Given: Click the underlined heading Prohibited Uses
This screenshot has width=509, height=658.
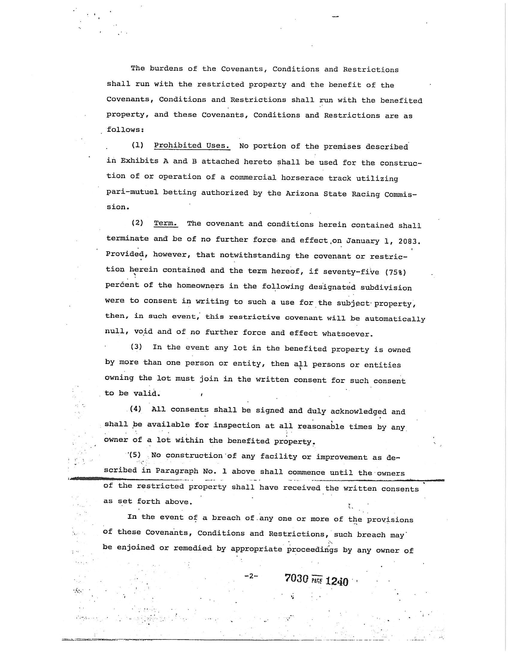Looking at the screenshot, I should coord(192,146).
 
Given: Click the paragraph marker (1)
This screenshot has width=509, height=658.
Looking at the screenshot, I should coord(137,145).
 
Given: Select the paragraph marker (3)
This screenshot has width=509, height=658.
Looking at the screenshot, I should coord(136,346).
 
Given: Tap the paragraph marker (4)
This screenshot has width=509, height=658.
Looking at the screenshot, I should coord(136,409).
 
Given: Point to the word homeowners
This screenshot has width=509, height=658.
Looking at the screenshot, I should coord(200,285).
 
